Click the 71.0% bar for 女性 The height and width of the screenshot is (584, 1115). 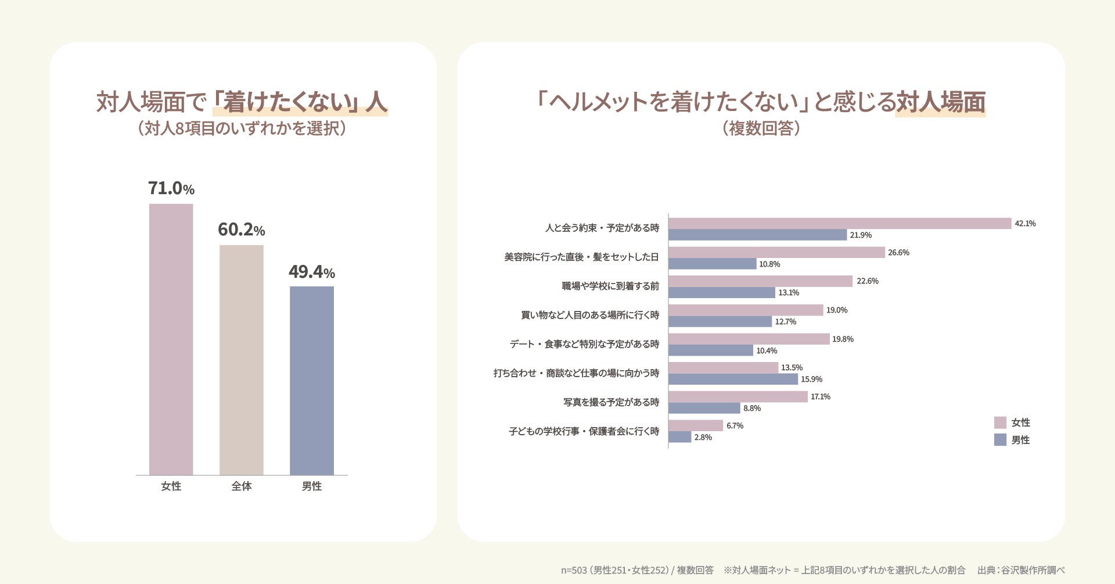click(171, 339)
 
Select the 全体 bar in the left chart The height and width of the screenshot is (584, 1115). click(241, 360)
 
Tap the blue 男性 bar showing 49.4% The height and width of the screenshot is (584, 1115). click(312, 381)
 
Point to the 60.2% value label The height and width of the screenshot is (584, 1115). click(241, 230)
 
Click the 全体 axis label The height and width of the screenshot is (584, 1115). click(242, 486)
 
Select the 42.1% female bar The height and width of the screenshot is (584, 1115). click(840, 224)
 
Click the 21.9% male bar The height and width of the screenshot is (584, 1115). click(757, 235)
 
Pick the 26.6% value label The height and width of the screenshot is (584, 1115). click(898, 253)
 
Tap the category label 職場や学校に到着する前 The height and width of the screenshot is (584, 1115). click(610, 286)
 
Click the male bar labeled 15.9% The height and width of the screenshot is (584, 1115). click(733, 379)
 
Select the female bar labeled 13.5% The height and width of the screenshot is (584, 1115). click(723, 368)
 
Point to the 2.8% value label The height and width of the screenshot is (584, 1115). click(703, 438)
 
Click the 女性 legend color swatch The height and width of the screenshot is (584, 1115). click(1000, 422)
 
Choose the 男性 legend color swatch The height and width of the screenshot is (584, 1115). click(1000, 440)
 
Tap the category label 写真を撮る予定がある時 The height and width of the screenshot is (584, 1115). click(611, 402)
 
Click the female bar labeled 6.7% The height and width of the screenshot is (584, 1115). click(696, 426)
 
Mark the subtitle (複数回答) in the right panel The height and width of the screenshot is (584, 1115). click(761, 128)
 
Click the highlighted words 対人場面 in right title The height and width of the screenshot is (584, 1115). click(941, 102)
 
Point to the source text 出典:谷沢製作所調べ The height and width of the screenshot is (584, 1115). click(1021, 570)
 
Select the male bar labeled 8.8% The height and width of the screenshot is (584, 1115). click(704, 409)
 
